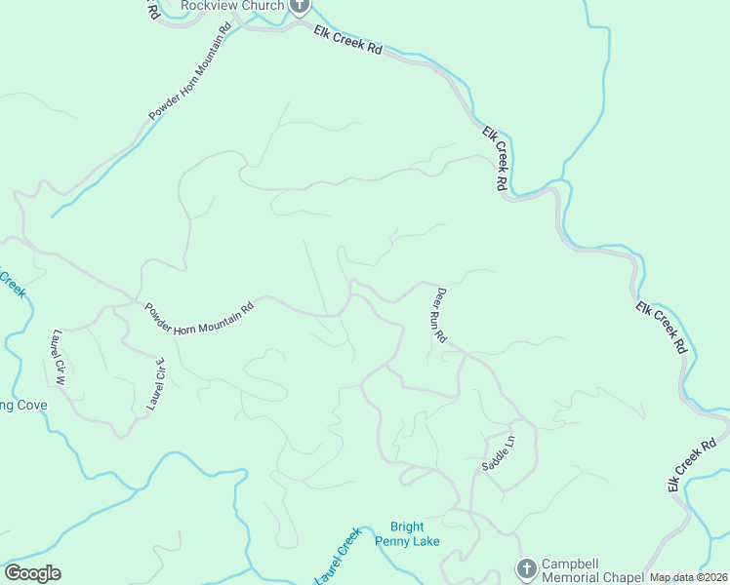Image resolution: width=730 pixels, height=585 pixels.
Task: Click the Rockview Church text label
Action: pyautogui.click(x=232, y=6)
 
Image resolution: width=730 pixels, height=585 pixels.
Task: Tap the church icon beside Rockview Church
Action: pyautogui.click(x=299, y=6)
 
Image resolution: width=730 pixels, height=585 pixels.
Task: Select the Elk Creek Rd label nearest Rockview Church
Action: pyautogui.click(x=348, y=40)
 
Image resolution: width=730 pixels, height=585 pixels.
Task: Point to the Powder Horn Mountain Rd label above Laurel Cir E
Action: pyautogui.click(x=200, y=319)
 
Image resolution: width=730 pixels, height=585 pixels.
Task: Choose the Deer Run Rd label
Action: pyautogui.click(x=440, y=314)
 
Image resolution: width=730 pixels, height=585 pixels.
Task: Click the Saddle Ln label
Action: pyautogui.click(x=497, y=454)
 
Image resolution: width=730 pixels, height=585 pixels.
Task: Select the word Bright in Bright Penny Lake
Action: pyautogui.click(x=407, y=527)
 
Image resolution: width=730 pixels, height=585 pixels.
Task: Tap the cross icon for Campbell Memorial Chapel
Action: pyautogui.click(x=526, y=568)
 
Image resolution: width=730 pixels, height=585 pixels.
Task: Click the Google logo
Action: pyautogui.click(x=32, y=573)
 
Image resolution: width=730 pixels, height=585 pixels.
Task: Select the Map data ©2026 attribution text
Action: pyautogui.click(x=688, y=577)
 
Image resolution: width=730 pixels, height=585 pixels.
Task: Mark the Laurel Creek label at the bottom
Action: pyautogui.click(x=337, y=558)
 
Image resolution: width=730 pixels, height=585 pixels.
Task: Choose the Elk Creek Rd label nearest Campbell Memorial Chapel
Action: pyautogui.click(x=688, y=470)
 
